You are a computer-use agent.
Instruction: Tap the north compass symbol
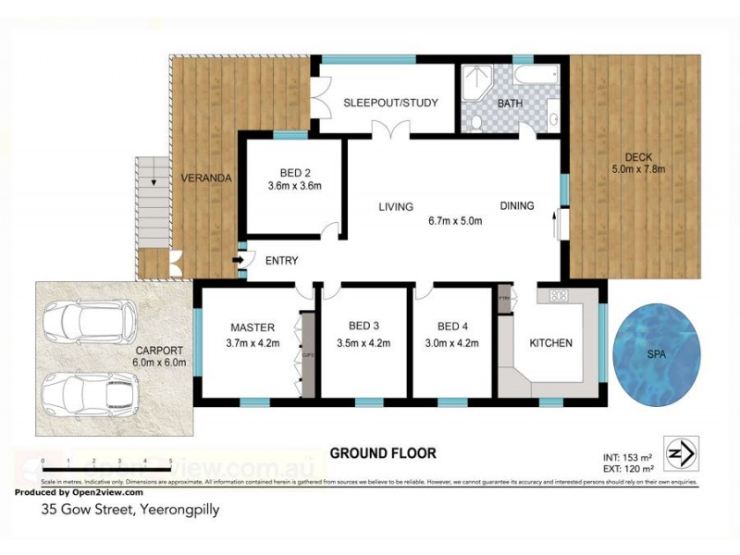click(x=682, y=452)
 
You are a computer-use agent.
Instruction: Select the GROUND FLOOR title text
click(x=383, y=454)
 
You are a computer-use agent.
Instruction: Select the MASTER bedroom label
click(x=253, y=327)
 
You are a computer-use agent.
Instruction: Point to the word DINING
click(x=517, y=206)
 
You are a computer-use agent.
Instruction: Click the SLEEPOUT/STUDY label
click(x=390, y=103)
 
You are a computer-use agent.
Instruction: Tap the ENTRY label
click(x=281, y=261)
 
